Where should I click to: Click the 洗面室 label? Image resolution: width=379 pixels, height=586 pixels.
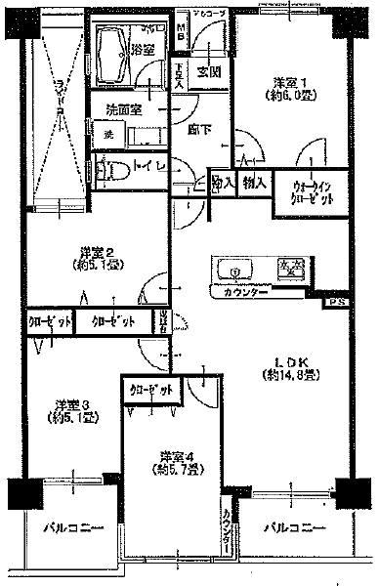coord(124,108)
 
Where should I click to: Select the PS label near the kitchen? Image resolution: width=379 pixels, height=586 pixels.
coord(336,304)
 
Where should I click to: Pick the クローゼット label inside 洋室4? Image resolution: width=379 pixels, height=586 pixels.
coord(152,390)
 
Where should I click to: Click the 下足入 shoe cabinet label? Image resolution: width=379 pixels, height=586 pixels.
coord(179,76)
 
